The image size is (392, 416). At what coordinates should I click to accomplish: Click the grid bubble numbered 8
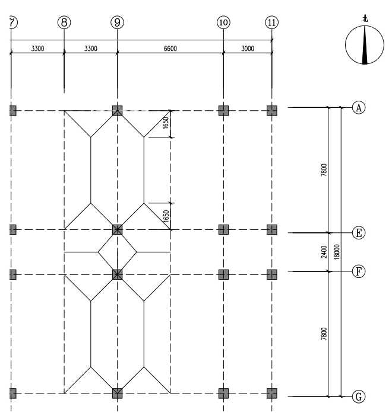click(64, 23)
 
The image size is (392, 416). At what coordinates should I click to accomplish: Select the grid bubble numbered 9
click(117, 23)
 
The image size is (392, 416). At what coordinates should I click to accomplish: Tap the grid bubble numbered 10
click(223, 23)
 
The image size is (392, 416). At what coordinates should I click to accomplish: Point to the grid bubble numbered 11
click(271, 23)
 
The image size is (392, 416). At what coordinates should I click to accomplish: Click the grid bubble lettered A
click(358, 107)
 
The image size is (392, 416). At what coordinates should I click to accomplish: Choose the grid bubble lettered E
click(358, 233)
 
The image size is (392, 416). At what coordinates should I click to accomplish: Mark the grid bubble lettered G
click(358, 396)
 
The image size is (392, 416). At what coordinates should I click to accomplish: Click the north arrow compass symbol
click(365, 46)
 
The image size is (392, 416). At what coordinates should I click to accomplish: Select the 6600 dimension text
click(170, 49)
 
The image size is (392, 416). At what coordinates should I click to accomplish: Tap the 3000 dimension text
click(247, 49)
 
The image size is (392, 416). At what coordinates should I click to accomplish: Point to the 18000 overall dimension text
click(336, 252)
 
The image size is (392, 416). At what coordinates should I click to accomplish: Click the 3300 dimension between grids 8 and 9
click(90, 49)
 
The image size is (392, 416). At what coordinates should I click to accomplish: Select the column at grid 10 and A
click(223, 110)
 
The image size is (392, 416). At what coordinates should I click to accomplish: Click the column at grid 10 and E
click(223, 229)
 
